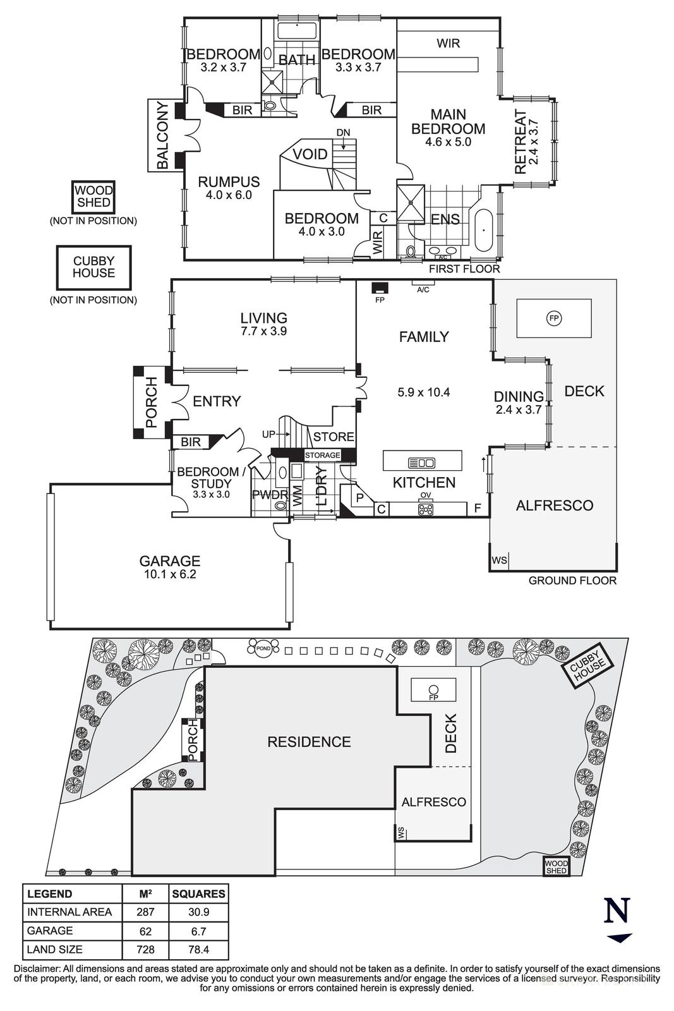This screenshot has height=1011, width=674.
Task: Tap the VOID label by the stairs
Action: point(310,155)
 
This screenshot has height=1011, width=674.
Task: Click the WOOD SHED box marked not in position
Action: point(93,197)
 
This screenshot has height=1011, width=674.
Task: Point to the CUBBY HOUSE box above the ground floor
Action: point(93,267)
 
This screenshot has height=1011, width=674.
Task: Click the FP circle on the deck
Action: point(554,318)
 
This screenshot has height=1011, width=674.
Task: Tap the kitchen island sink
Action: point(422,463)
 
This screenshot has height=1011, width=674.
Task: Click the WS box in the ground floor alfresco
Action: point(499,560)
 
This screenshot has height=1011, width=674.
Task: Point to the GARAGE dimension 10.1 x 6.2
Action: point(169,575)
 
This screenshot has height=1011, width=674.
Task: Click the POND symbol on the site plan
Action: point(262,648)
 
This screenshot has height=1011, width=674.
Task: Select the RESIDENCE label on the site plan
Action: point(309,742)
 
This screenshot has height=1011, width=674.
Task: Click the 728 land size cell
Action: point(145,950)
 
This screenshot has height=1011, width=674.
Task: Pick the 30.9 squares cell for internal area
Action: point(198,912)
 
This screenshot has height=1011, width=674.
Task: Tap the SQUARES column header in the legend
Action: point(198,894)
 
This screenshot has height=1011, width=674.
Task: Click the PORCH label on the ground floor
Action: point(151,403)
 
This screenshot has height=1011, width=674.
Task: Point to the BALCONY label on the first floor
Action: point(162,135)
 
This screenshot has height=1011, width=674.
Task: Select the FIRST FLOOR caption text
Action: point(464,269)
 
